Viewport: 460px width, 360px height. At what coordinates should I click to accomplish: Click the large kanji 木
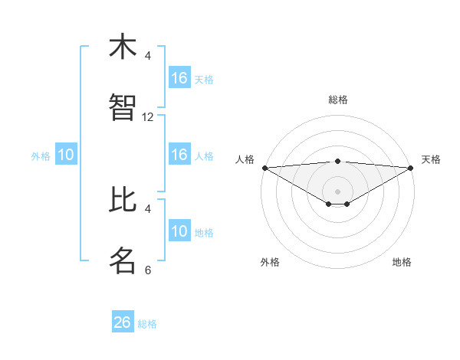(x=123, y=47)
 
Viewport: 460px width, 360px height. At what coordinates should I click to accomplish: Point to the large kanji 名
(x=123, y=260)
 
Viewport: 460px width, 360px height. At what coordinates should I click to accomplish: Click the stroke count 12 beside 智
(x=148, y=117)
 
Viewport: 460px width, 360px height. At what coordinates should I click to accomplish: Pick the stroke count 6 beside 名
(x=148, y=270)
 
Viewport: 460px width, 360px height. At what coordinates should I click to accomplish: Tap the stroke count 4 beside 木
(x=148, y=56)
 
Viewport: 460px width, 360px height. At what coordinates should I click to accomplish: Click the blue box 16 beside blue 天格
(x=179, y=78)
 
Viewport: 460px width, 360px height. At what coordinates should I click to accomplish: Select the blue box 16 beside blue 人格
(x=179, y=155)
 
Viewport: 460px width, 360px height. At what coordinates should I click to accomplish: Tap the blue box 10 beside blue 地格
(x=179, y=231)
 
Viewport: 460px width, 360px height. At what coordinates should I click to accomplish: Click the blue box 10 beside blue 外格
(x=66, y=155)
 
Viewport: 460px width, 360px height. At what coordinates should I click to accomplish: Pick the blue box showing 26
(x=123, y=322)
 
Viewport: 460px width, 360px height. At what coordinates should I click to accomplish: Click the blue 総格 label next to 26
(x=147, y=324)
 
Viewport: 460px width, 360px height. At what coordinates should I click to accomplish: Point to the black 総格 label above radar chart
(x=338, y=100)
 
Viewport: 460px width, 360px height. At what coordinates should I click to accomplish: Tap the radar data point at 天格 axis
(x=412, y=168)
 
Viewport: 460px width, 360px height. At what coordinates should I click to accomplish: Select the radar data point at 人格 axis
(x=264, y=168)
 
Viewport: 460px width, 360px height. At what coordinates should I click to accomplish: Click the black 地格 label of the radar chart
(x=402, y=263)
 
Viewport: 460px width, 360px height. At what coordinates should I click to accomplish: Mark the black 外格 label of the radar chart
(x=270, y=263)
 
